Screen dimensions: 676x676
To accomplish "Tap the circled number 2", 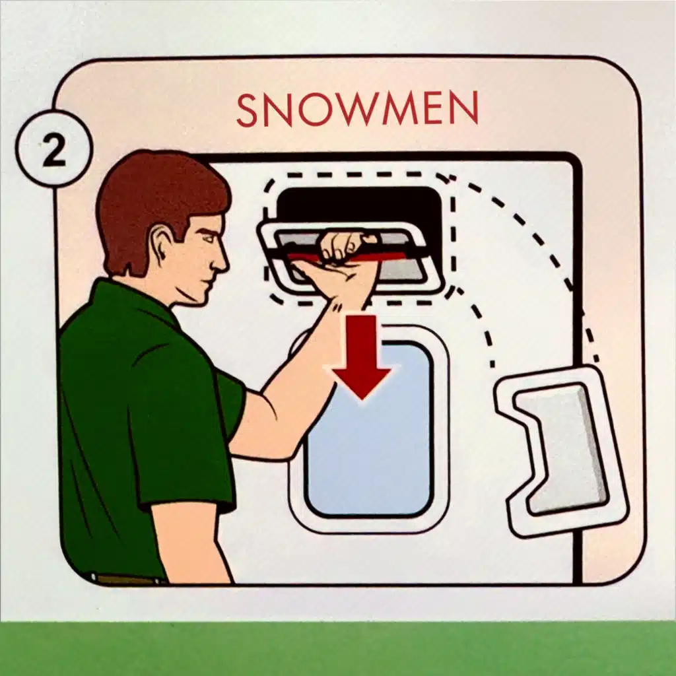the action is (54, 149).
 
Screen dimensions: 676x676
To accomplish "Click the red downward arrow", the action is (361, 356).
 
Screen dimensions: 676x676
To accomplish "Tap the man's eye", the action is (207, 239).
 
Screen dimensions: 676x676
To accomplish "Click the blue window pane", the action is (369, 429).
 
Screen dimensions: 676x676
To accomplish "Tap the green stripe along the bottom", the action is (338, 648).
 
